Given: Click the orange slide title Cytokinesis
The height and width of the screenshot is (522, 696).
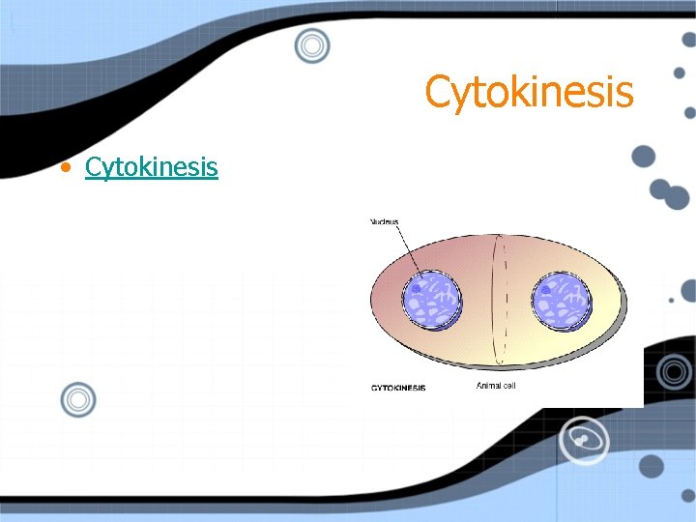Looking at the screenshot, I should pyautogui.click(x=529, y=93).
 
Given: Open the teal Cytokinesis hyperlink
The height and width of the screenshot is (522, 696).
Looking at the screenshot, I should pyautogui.click(x=151, y=167).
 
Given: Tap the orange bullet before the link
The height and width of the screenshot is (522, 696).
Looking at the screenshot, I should pyautogui.click(x=65, y=168).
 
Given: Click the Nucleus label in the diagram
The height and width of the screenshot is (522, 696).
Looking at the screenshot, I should pyautogui.click(x=385, y=222).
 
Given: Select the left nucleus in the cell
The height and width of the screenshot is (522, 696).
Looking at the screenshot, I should pyautogui.click(x=430, y=299).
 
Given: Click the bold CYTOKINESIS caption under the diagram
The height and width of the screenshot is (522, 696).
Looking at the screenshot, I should pyautogui.click(x=399, y=388).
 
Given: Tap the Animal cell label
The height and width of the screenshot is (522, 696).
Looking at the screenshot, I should pyautogui.click(x=502, y=386).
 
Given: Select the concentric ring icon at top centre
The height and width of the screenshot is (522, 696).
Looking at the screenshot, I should pyautogui.click(x=312, y=44).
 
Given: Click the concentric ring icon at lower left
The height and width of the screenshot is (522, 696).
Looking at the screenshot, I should pyautogui.click(x=78, y=398).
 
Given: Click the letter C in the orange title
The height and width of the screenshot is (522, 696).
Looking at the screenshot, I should pyautogui.click(x=438, y=94).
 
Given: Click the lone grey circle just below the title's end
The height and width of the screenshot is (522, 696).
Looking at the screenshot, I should pyautogui.click(x=644, y=157).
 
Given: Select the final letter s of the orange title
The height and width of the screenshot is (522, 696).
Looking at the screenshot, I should pyautogui.click(x=624, y=96).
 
